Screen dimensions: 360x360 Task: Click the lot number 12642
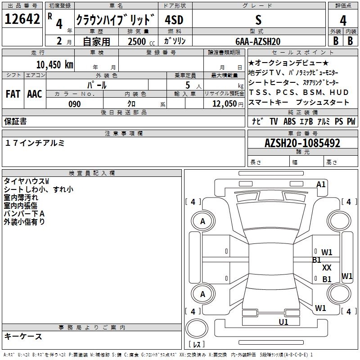point(23,19)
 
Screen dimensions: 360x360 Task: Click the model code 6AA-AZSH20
point(258,41)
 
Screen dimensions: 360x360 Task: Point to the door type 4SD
point(175,20)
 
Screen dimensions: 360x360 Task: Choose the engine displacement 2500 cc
point(138,41)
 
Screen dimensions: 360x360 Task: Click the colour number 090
point(75,104)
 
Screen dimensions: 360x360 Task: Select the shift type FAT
point(13,94)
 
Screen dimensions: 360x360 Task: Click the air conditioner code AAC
point(35,94)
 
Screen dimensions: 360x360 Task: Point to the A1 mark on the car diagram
point(321,184)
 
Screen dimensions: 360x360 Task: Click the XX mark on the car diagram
point(327,268)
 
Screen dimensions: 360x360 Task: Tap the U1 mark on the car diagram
point(283,322)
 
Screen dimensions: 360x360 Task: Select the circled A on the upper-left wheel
point(202,221)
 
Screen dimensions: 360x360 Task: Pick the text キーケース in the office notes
point(23,337)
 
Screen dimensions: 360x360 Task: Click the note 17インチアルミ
point(35,143)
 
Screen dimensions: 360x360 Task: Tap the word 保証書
point(15,121)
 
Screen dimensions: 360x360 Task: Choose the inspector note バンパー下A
point(24,213)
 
